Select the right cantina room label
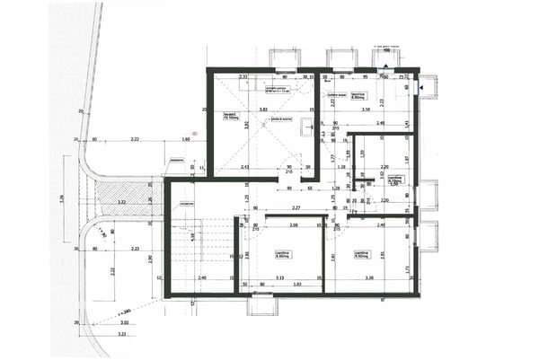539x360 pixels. point(362,254)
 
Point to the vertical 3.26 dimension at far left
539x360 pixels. point(62,199)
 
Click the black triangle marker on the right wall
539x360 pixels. point(419,88)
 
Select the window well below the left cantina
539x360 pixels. point(262,305)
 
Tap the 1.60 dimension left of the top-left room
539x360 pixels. point(186,140)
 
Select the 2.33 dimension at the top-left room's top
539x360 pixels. point(243,77)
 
